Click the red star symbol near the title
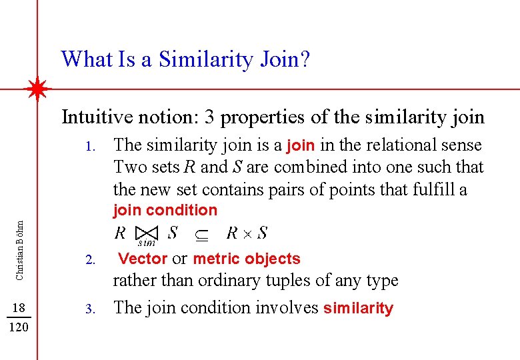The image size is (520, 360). click(38, 88)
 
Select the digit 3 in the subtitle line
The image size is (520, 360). click(209, 117)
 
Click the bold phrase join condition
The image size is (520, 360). click(165, 211)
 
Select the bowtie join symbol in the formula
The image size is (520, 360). click(145, 234)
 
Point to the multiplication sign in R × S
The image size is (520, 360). click(245, 233)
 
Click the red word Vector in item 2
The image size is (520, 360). click(143, 259)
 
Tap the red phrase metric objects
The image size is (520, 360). click(247, 259)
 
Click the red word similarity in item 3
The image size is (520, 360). click(358, 309)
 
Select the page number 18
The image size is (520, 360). click(19, 307)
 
